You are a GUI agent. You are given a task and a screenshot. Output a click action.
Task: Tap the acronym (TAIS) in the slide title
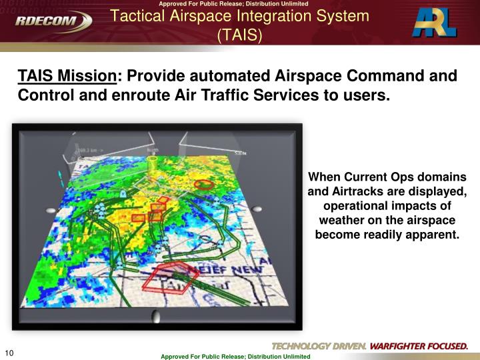pyautogui.click(x=239, y=34)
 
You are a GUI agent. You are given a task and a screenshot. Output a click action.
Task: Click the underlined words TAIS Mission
pyautogui.click(x=67, y=76)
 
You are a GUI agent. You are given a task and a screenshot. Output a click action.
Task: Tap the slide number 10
pyautogui.click(x=9, y=353)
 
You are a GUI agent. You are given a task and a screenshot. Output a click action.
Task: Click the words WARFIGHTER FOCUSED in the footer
pyautogui.click(x=418, y=346)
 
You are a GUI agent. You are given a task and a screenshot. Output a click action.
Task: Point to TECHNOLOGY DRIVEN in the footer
pyautogui.click(x=319, y=346)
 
